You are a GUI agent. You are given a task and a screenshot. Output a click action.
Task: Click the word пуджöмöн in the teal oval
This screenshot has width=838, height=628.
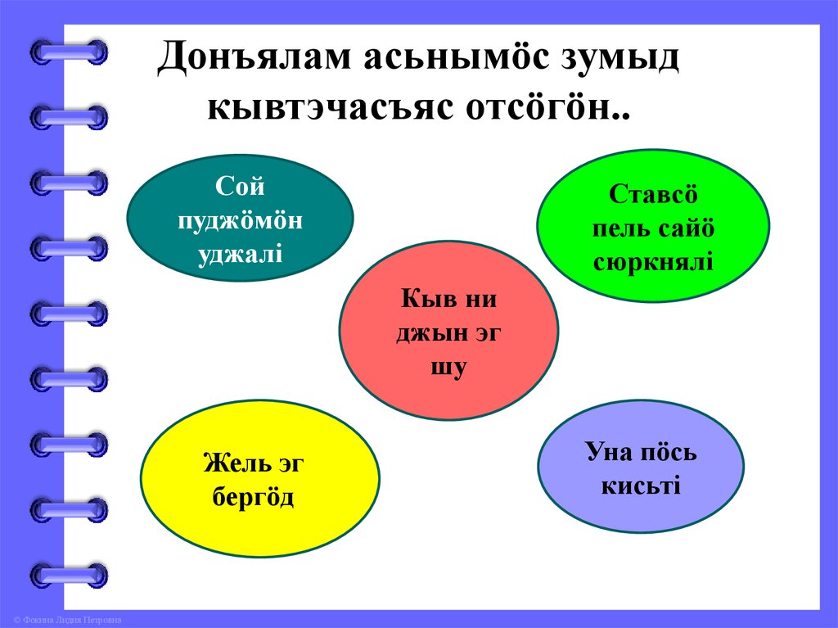point(240,221)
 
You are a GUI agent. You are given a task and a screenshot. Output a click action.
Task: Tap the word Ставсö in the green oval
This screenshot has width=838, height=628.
point(653,195)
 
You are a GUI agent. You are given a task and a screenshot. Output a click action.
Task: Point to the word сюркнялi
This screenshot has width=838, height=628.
point(653,262)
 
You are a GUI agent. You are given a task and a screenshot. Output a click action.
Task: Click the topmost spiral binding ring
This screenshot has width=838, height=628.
point(69,52)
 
